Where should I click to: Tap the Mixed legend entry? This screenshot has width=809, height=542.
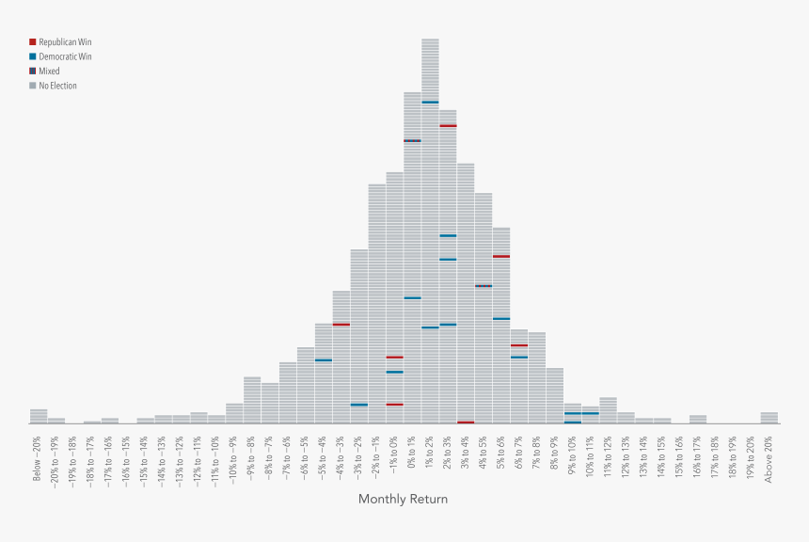coord(48,72)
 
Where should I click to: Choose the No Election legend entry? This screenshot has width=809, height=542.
coord(57,86)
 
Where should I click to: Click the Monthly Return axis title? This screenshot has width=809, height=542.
coord(403,499)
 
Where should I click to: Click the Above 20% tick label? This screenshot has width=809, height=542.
coord(769,459)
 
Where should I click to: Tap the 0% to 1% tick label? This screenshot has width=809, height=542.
coord(412,454)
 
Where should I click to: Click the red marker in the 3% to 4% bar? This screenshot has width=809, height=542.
coord(466,422)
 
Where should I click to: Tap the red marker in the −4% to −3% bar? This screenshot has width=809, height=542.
coord(341,325)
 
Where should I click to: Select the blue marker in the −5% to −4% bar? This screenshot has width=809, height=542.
coord(323,359)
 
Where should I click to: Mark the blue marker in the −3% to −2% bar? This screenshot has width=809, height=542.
coord(358,405)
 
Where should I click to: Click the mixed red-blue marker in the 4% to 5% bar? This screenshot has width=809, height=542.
coord(484,286)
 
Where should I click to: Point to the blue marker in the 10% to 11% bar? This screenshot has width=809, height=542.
coord(590,413)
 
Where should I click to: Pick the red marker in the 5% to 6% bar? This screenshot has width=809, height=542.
coord(501,256)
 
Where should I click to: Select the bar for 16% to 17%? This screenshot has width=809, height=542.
coord(697,419)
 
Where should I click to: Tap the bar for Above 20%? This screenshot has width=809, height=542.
coord(769,418)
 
